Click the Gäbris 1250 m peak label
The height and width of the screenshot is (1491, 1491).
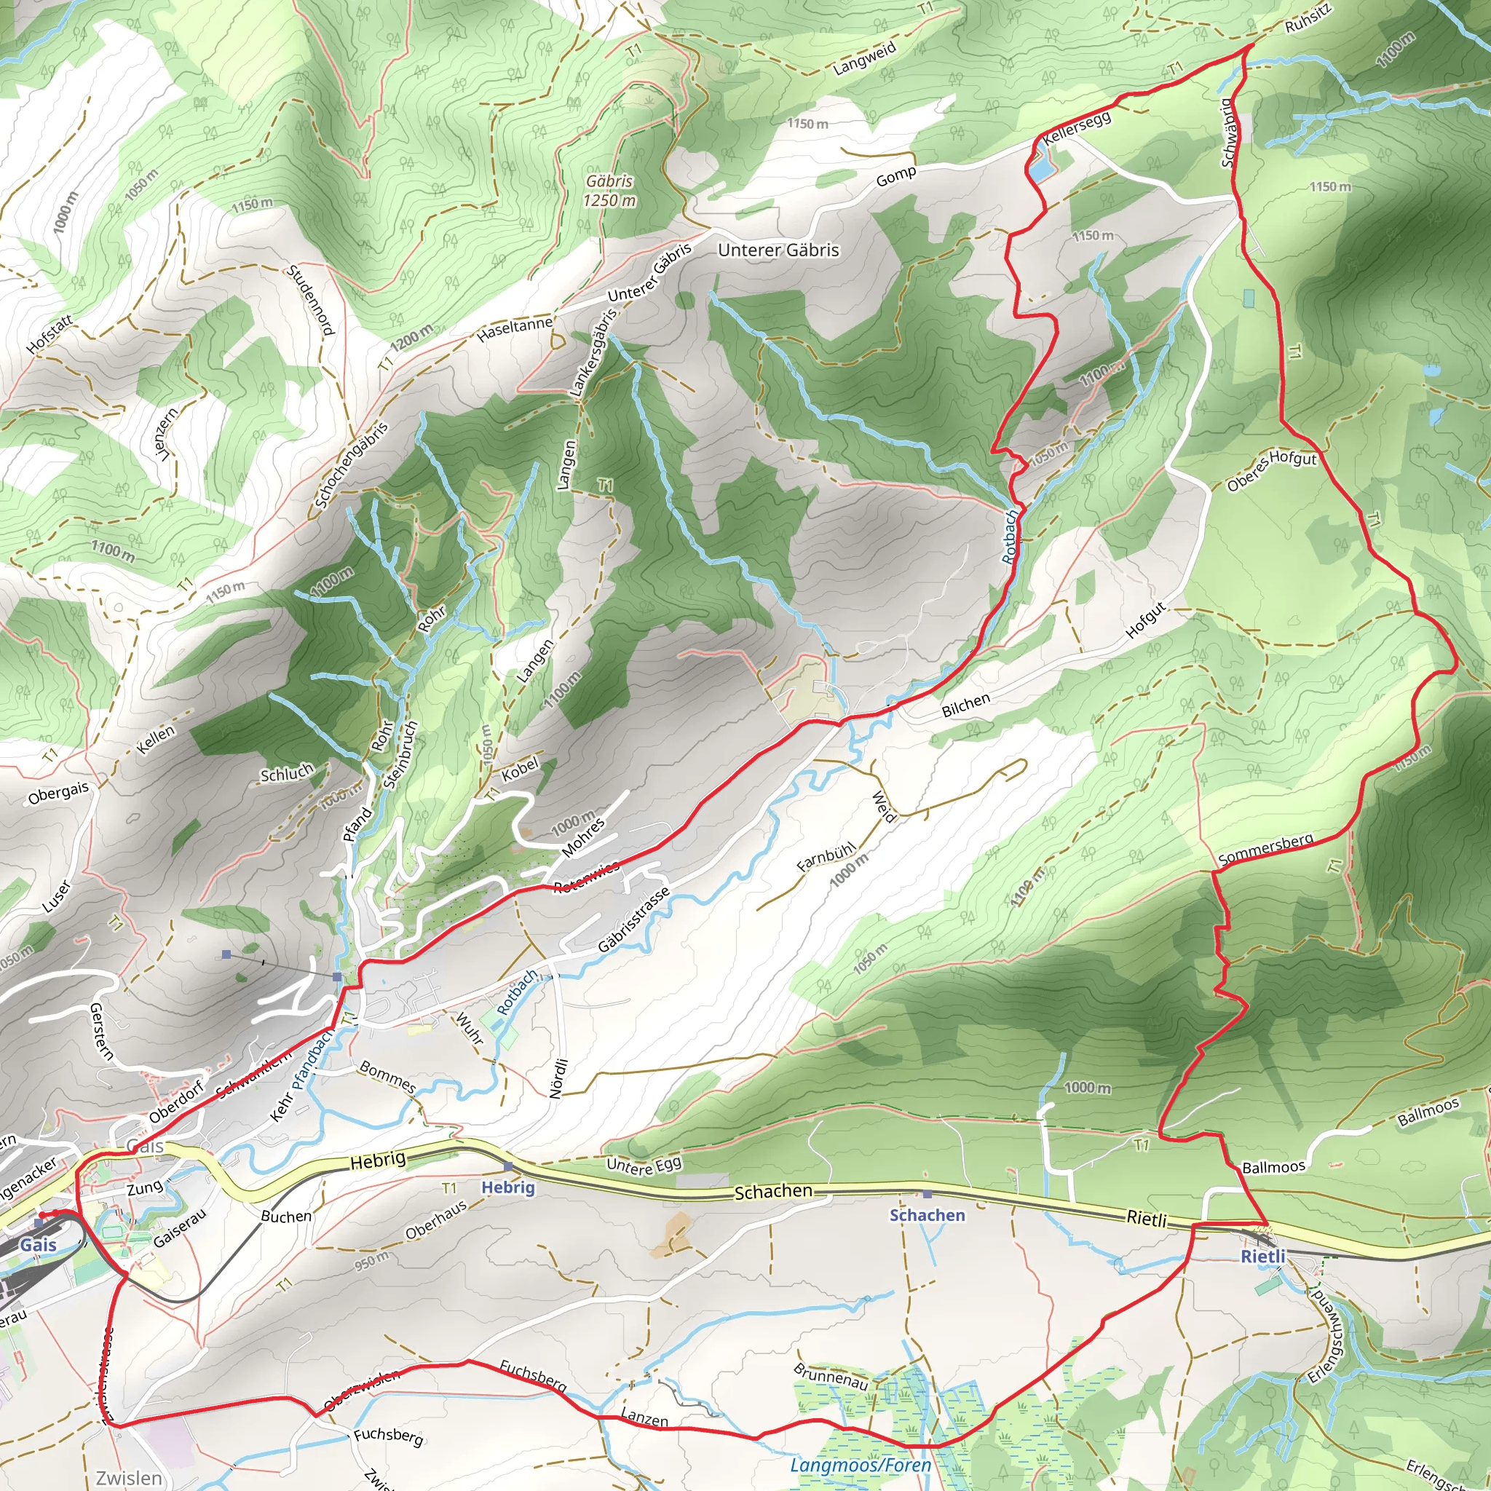click(x=609, y=191)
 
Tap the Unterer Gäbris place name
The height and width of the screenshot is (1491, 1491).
click(x=778, y=250)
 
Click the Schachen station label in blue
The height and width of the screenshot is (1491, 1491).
click(x=927, y=1216)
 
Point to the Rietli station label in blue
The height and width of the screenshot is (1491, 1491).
click(x=1262, y=1257)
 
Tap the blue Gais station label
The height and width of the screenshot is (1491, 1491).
click(x=38, y=1245)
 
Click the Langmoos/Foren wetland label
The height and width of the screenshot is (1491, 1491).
click(x=860, y=1465)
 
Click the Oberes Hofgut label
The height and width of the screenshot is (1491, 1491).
click(x=1271, y=467)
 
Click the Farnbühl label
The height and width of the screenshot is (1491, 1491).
click(x=826, y=856)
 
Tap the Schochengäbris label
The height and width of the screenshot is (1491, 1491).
click(x=351, y=465)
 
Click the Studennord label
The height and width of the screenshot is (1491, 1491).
click(x=310, y=300)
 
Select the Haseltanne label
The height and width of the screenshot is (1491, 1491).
click(x=514, y=330)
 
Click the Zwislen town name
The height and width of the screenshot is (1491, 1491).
click(x=129, y=1478)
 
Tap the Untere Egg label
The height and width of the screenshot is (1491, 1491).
click(x=644, y=1166)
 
